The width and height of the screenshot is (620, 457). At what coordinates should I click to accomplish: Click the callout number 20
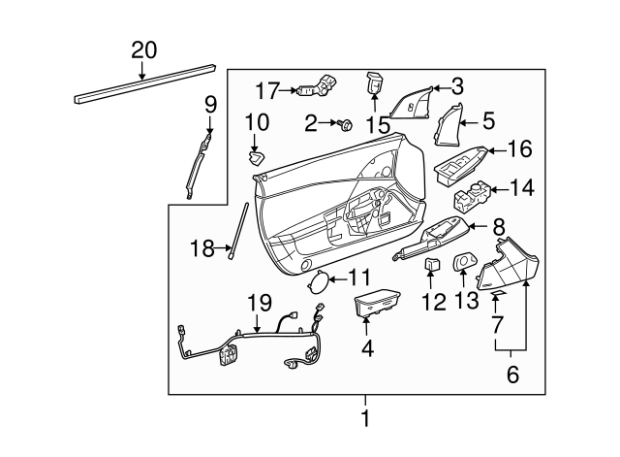click(142, 50)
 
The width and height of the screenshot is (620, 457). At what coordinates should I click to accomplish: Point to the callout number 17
click(266, 92)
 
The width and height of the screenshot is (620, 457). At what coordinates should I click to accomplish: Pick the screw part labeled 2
click(344, 124)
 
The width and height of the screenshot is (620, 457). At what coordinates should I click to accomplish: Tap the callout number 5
click(488, 121)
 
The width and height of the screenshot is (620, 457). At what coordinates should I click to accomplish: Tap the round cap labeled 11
click(317, 284)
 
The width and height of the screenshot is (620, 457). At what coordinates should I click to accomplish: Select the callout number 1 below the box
click(365, 418)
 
